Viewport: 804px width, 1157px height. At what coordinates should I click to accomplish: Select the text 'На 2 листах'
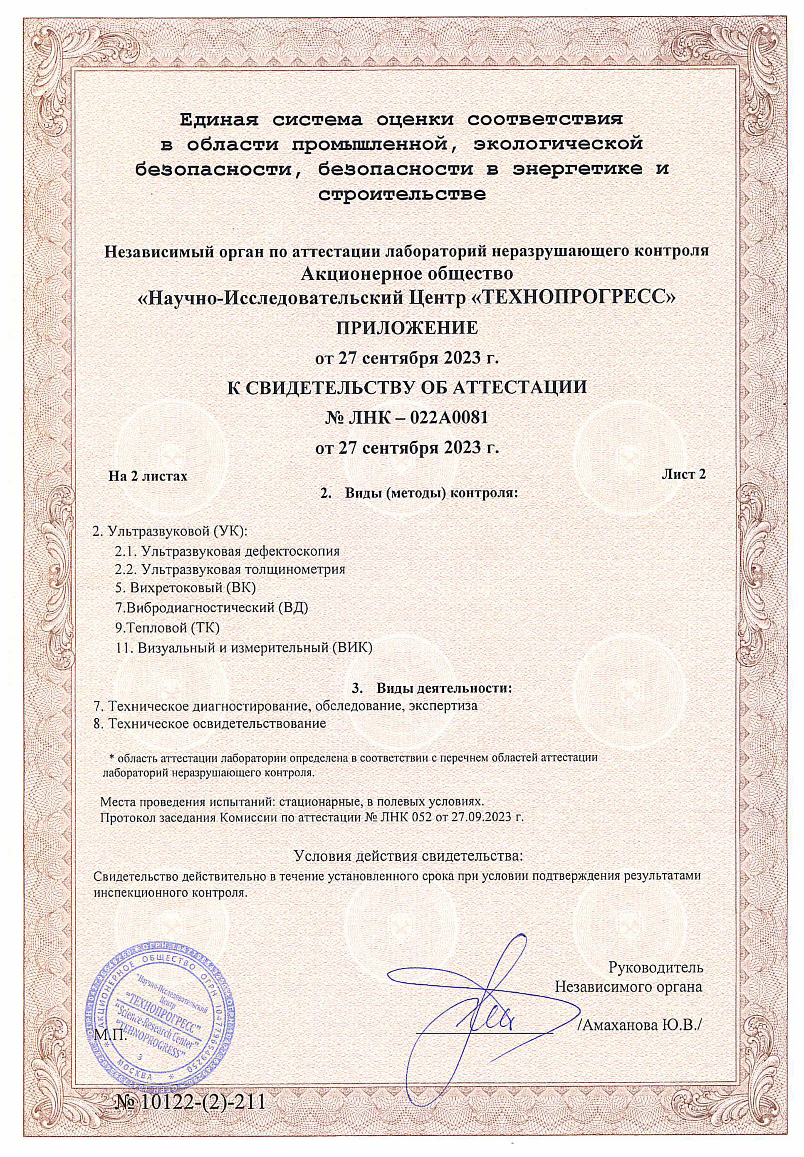point(148,476)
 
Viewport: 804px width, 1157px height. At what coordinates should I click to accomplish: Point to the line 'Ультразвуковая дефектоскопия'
point(227,551)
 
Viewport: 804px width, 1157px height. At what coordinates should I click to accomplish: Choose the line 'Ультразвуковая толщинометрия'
point(230,569)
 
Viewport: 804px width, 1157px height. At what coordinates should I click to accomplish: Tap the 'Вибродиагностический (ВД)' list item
point(212,608)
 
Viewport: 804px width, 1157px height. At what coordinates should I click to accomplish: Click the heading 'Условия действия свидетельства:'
point(408,855)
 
